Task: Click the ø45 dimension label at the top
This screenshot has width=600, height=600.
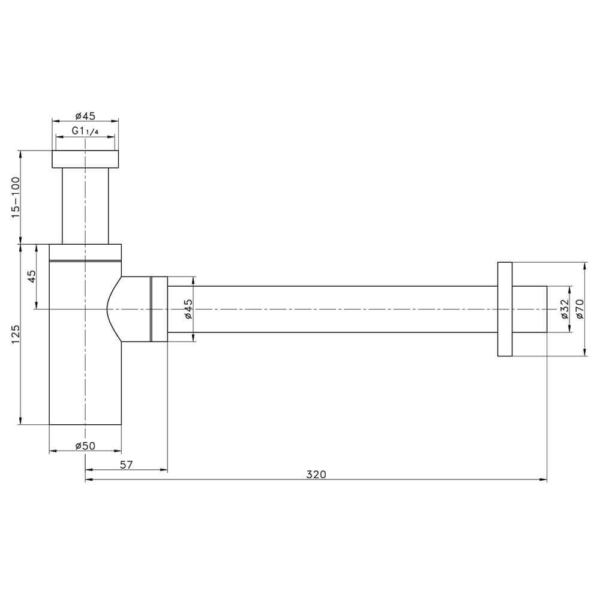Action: [x=85, y=116]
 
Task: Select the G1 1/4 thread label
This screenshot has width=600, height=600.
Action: [x=85, y=131]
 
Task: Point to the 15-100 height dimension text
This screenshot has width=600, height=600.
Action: [x=16, y=197]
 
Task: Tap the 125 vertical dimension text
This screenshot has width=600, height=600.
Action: [x=16, y=334]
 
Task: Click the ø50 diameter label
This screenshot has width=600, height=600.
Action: [x=85, y=446]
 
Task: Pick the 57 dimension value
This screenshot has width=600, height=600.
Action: [x=126, y=464]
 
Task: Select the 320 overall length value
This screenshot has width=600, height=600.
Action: [x=316, y=475]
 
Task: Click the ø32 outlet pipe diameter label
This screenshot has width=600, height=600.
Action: [x=565, y=309]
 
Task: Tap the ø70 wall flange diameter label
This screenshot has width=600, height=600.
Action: [x=580, y=309]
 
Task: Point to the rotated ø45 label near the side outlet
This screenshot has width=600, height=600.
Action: [x=188, y=309]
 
